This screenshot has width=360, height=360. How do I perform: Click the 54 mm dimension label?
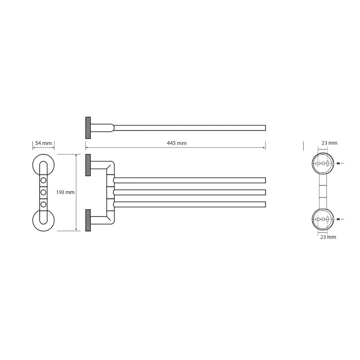tap(43, 143)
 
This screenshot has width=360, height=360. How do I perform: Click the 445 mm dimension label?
tap(176, 143)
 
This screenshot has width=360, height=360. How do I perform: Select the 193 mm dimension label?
tap(65, 192)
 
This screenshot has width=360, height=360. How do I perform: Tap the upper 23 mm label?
tap(329, 143)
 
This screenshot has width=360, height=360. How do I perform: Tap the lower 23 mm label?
tap(328, 237)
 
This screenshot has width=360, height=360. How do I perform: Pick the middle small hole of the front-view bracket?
tap(43, 192)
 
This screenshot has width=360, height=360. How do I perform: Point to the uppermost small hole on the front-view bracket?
tap(43, 180)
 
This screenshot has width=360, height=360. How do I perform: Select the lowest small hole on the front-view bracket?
tap(43, 204)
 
